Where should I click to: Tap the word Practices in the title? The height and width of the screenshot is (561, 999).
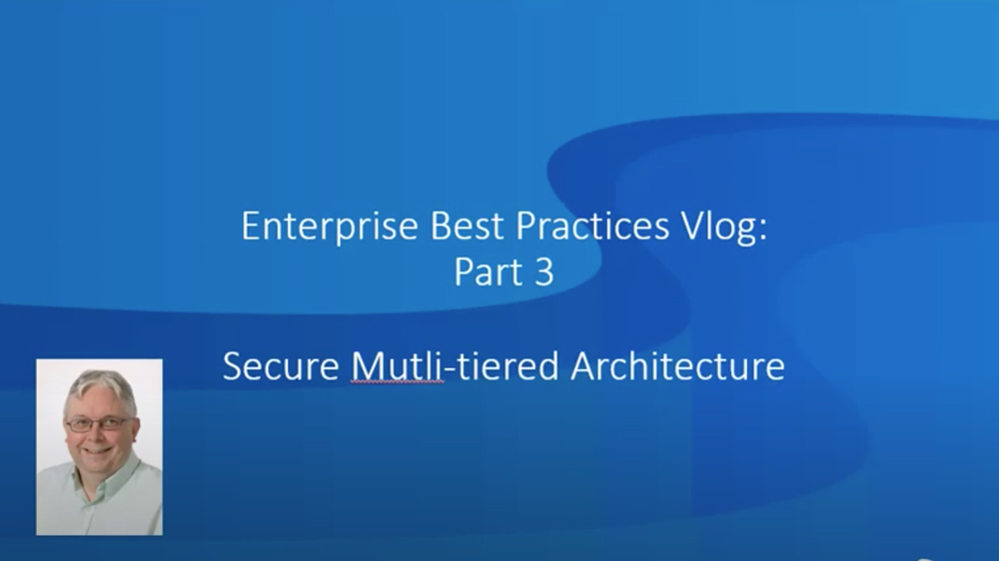coord(592,226)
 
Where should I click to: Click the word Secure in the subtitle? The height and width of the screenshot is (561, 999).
coord(281,366)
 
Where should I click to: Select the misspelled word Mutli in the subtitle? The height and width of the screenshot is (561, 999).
coord(397,366)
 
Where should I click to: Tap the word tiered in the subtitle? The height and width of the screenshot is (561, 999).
coord(508,366)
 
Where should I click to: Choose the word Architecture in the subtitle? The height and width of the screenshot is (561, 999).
coord(678,366)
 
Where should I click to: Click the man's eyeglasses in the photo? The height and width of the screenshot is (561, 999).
coord(99,423)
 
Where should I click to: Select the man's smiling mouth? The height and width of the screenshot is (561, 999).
coord(97,451)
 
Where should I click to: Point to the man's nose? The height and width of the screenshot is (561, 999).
coord(96,435)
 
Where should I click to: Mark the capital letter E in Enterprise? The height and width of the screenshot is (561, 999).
coord(250,226)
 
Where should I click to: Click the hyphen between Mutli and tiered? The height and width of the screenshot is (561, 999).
coord(450,369)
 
